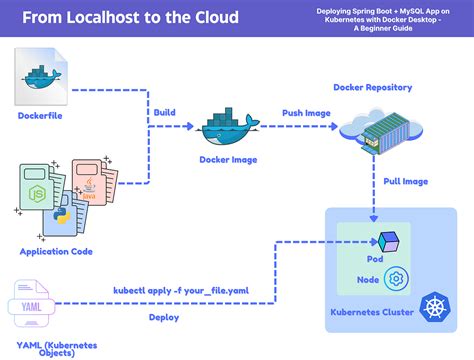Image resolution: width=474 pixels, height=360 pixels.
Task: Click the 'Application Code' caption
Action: pyautogui.click(x=56, y=251)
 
